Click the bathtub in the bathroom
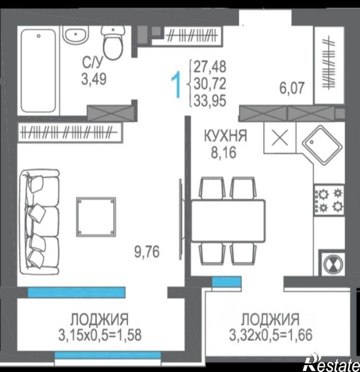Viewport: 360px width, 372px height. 38,71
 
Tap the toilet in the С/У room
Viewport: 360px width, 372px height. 113,43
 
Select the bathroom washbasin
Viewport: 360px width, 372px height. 75,36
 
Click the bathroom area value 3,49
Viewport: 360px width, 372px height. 94,79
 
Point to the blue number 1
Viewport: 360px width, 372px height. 176,85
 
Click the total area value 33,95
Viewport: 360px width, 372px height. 210,101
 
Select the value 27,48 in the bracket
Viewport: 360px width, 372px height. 210,67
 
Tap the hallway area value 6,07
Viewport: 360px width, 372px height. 291,88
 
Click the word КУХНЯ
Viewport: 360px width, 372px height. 225,136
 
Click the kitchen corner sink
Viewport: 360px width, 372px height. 322,145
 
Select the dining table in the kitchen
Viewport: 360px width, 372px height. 228,221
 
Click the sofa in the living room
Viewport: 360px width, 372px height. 39,222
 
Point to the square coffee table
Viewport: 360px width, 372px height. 96,217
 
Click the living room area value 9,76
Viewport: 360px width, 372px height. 147,252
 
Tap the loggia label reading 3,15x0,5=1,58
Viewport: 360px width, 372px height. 100,335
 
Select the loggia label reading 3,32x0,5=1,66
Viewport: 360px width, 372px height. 271,335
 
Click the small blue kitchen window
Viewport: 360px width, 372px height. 227,282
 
